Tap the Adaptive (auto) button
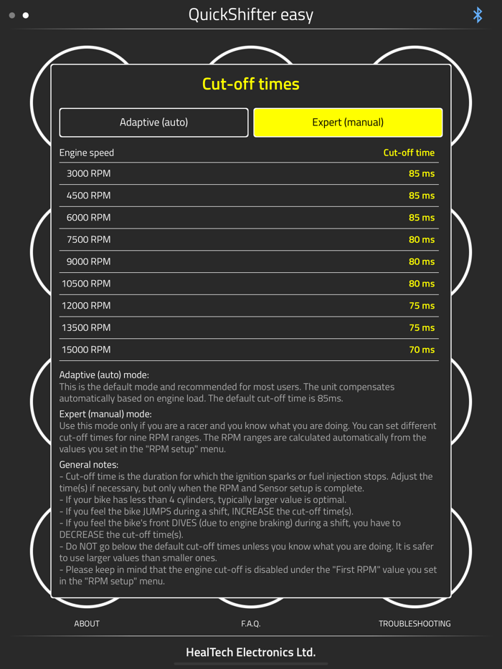point(153,122)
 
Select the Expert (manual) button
point(348,122)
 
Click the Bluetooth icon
point(478,15)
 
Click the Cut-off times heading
point(250,84)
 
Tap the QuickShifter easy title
point(250,15)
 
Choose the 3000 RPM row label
point(88,173)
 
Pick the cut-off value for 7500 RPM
point(422,239)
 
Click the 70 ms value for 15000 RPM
point(422,350)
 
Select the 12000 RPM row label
point(86,306)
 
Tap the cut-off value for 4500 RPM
point(422,196)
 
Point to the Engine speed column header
point(87,153)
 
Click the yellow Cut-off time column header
point(409,153)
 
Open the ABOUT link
point(87,624)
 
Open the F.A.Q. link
point(250,624)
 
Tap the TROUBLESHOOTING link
point(415,624)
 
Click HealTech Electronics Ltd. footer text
point(250,653)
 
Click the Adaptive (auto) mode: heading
point(104,375)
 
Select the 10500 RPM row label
point(86,284)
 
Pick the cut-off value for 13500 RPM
point(422,327)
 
